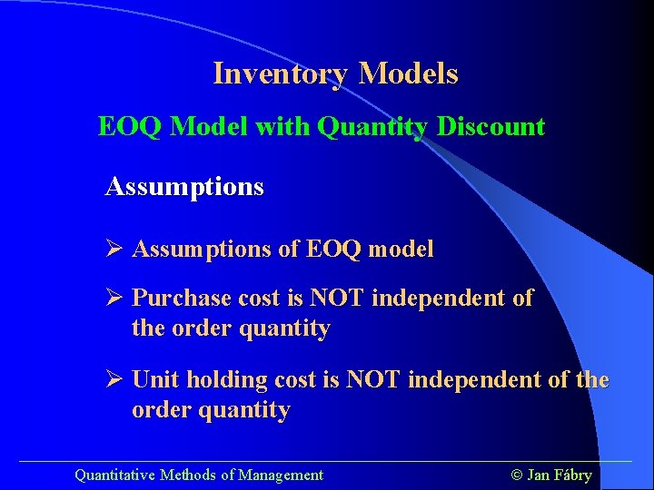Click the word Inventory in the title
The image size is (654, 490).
point(282,73)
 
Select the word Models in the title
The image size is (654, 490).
point(409,73)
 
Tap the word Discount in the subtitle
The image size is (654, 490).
point(490,127)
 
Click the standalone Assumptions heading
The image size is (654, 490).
point(184,188)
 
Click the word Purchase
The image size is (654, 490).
point(181,299)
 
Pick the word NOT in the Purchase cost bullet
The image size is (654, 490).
point(337,299)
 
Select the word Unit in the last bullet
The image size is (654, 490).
point(154,380)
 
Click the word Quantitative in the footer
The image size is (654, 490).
point(115,475)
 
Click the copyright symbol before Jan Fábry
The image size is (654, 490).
point(518,475)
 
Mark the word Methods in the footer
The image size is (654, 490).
point(188,475)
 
